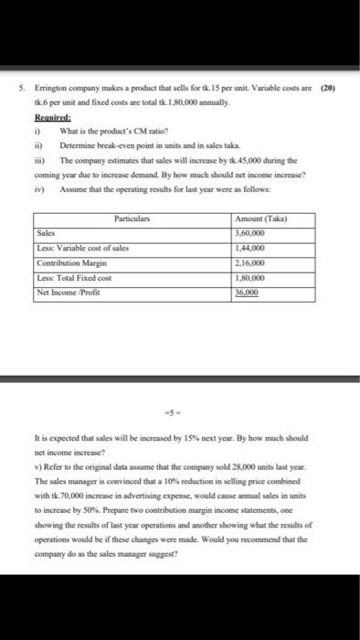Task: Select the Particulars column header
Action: coord(132,219)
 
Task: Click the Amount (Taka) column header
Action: coord(260,219)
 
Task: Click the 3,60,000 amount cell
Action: coord(251,232)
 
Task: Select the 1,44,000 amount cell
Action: coord(251,246)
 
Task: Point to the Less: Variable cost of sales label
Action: coord(82,246)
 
